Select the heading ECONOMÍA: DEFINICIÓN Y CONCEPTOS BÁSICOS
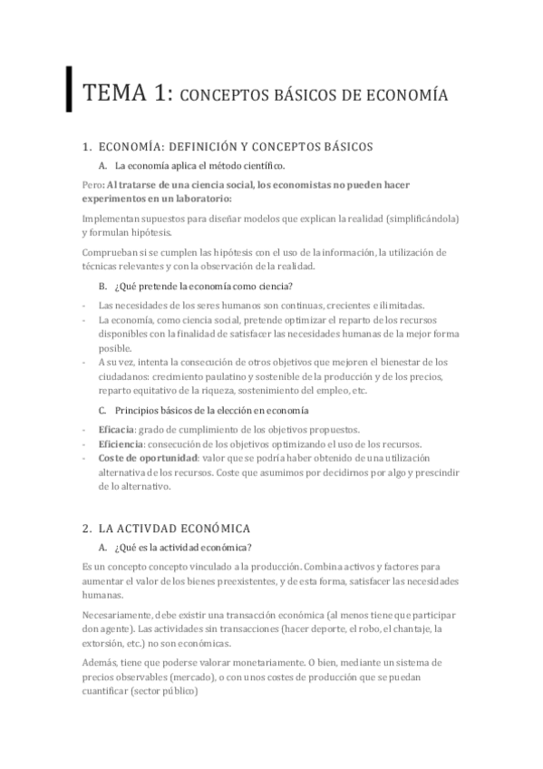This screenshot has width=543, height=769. pos(234,146)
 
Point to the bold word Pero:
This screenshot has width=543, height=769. pos(92,185)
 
